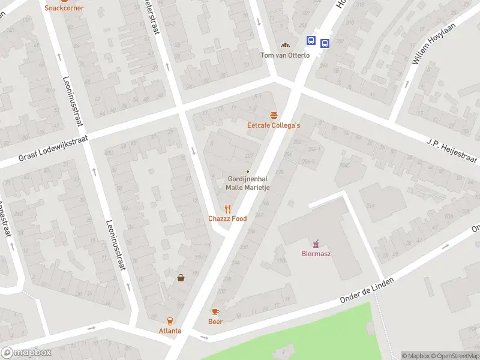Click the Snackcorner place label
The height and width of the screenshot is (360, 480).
tap(64, 8)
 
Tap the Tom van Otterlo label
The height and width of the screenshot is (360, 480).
tap(285, 55)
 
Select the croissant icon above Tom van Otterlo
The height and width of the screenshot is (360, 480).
tap(286, 45)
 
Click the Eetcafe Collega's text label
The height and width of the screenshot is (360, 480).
tap(273, 125)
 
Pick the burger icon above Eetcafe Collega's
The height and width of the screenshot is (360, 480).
tap(274, 115)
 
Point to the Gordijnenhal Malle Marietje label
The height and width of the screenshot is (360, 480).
tap(247, 183)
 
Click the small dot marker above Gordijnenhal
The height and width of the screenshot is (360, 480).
tap(248, 172)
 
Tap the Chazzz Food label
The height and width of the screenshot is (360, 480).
tap(227, 218)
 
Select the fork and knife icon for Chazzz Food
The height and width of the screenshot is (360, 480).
tap(227, 208)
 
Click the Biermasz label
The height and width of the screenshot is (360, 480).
tap(316, 253)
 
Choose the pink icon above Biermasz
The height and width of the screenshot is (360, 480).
tap(316, 243)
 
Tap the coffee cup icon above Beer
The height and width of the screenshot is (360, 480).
tap(215, 311)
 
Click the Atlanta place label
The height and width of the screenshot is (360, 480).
tap(170, 331)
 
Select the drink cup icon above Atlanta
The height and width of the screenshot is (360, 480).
tap(170, 320)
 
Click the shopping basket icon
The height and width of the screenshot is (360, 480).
tap(181, 277)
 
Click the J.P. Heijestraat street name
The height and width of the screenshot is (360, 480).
tap(452, 151)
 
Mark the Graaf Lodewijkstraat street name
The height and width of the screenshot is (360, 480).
tap(53, 148)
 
